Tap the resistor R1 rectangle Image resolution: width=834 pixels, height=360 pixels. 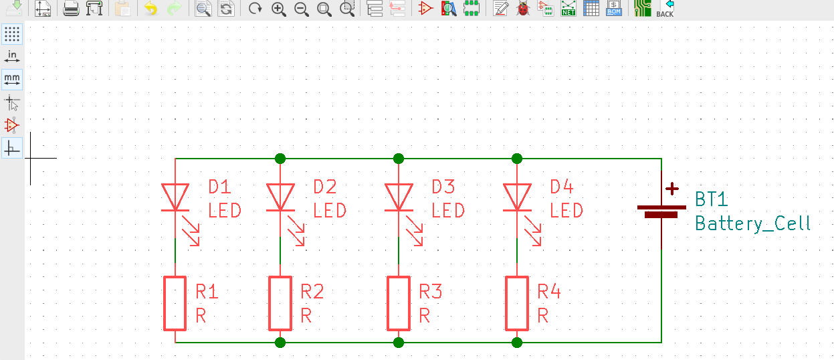[175, 304]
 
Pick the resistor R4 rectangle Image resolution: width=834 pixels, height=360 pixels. [517, 304]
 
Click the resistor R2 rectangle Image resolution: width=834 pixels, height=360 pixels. [280, 304]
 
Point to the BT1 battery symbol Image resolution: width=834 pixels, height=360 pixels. [661, 211]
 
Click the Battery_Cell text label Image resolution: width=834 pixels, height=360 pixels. [752, 223]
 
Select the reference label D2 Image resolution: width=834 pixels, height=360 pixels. [325, 187]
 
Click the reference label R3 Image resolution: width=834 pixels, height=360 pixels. [431, 292]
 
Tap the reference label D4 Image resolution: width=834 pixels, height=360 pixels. [562, 187]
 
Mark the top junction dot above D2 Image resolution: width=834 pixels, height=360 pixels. [280, 159]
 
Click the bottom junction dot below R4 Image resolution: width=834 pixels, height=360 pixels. [517, 343]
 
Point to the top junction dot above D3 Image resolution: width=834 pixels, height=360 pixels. [399, 159]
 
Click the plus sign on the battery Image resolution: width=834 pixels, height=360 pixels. [671, 190]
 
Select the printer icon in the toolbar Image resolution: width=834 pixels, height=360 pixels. [72, 9]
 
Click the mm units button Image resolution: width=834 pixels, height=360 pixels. [12, 79]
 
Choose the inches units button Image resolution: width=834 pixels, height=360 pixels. [12, 56]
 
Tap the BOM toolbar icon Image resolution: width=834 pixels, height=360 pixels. [613, 9]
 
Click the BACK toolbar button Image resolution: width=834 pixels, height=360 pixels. [665, 9]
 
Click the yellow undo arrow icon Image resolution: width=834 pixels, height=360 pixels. [150, 9]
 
